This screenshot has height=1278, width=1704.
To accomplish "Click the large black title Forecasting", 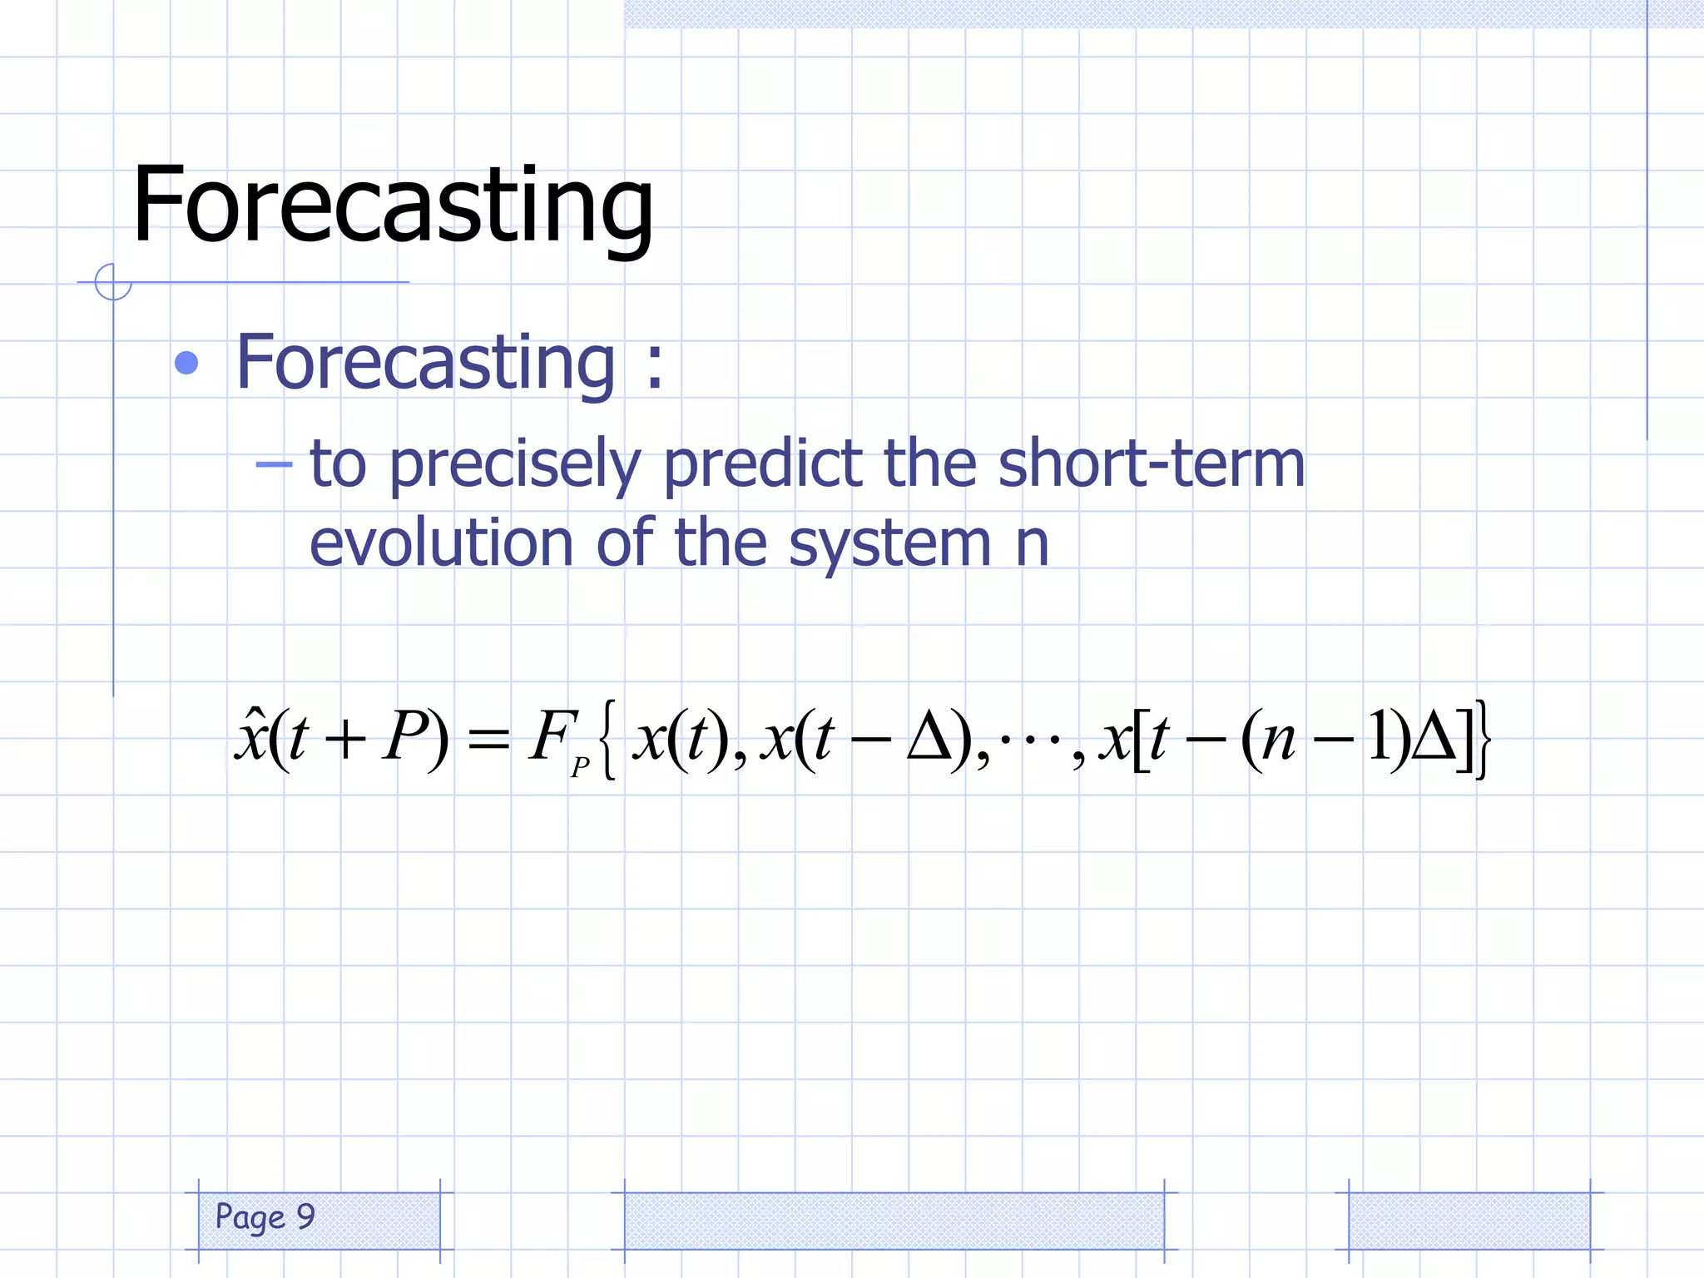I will click(393, 206).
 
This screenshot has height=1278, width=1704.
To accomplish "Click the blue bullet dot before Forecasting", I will click(187, 364).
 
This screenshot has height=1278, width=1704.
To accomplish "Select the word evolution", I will click(441, 542).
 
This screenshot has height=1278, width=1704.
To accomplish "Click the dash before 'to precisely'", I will click(274, 464).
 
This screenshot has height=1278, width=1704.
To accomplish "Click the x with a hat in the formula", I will click(250, 736).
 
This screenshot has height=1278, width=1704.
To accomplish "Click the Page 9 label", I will click(265, 1217).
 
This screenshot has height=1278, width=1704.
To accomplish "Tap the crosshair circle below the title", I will click(113, 282).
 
